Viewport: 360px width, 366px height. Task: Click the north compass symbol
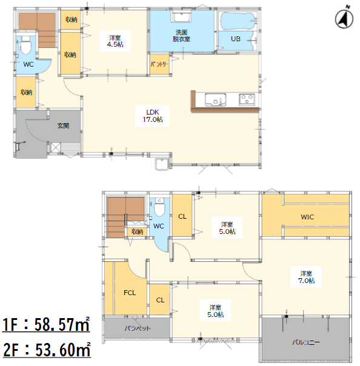pos(344,18)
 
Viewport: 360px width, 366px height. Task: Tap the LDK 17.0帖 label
pos(153,116)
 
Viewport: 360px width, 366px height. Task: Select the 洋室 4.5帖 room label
pos(115,41)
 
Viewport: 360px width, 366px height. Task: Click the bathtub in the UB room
pos(238,21)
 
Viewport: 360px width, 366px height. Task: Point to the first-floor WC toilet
pos(25,45)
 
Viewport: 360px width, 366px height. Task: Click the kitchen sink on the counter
pos(215,99)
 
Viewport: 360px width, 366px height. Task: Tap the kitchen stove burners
pos(247,99)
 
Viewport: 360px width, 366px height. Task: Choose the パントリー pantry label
pos(159,64)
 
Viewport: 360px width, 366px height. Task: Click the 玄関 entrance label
pos(63,126)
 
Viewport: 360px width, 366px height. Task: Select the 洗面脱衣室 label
pos(181,36)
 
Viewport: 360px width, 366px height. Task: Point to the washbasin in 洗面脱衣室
pos(181,16)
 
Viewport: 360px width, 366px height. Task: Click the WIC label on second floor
pos(307,217)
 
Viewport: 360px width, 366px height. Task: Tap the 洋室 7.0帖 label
pos(306,277)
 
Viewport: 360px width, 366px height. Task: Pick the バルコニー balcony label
pos(306,342)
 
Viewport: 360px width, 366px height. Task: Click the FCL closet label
pos(130,293)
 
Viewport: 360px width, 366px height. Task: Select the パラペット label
pos(138,328)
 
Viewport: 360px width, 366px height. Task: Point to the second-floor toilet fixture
pos(159,207)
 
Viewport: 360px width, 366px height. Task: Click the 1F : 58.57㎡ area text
pos(46,324)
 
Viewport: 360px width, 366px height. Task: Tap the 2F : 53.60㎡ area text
pos(47,350)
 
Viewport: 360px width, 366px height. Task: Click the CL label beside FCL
pos(160,300)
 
